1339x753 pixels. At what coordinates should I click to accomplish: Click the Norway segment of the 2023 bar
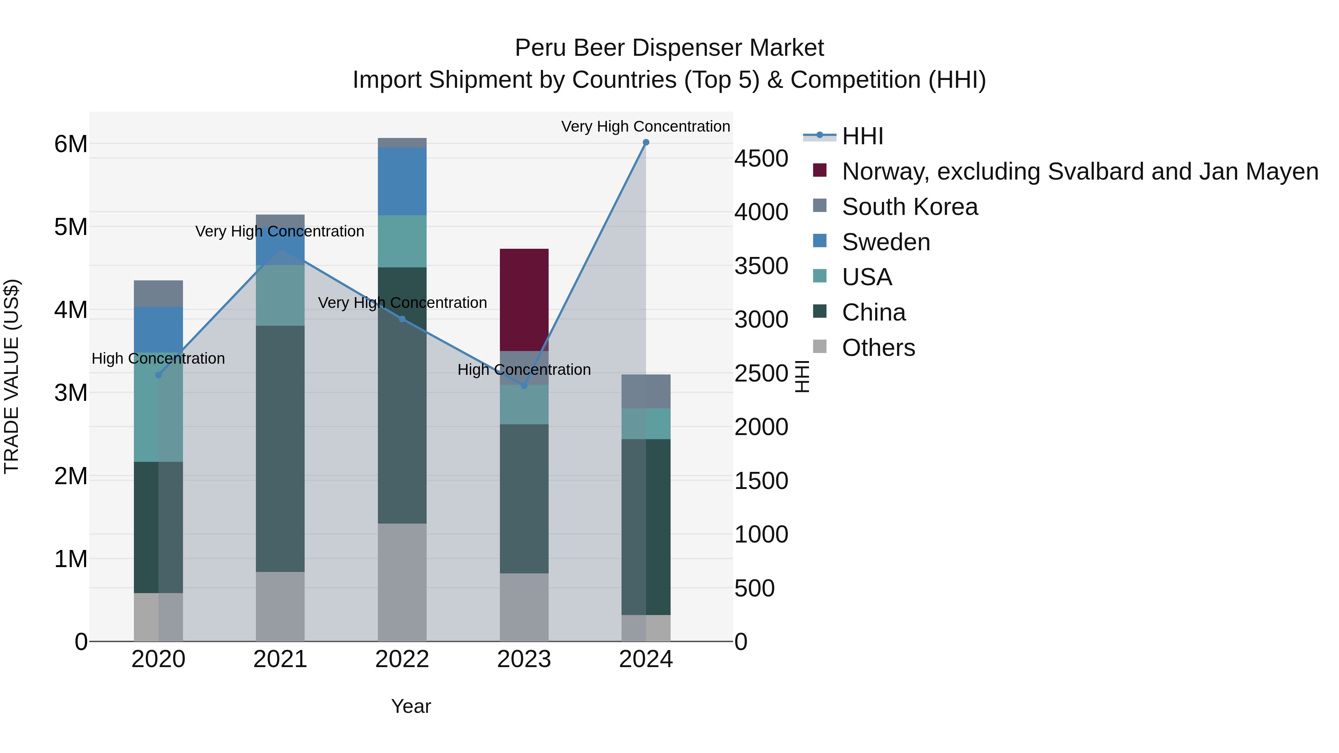click(524, 300)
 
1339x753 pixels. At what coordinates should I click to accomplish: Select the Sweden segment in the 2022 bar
click(402, 181)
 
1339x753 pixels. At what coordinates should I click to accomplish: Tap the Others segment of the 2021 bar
click(280, 606)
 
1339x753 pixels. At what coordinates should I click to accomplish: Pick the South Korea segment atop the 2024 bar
click(646, 391)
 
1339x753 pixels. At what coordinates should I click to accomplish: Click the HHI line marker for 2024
click(646, 142)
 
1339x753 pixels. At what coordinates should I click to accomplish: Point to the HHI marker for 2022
click(402, 319)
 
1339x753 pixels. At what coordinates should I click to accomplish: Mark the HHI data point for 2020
click(158, 375)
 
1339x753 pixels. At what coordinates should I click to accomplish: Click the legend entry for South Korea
click(910, 207)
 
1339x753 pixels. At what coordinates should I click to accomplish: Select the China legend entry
click(873, 312)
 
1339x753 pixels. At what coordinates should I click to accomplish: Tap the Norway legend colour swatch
click(820, 170)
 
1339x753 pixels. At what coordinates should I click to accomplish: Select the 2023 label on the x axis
click(524, 659)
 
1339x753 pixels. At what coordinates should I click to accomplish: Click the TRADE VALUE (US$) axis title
click(12, 376)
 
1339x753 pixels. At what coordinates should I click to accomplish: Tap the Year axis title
click(411, 706)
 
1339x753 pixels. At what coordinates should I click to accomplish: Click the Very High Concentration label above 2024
click(646, 126)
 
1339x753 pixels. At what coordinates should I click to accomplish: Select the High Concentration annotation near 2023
click(524, 370)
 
